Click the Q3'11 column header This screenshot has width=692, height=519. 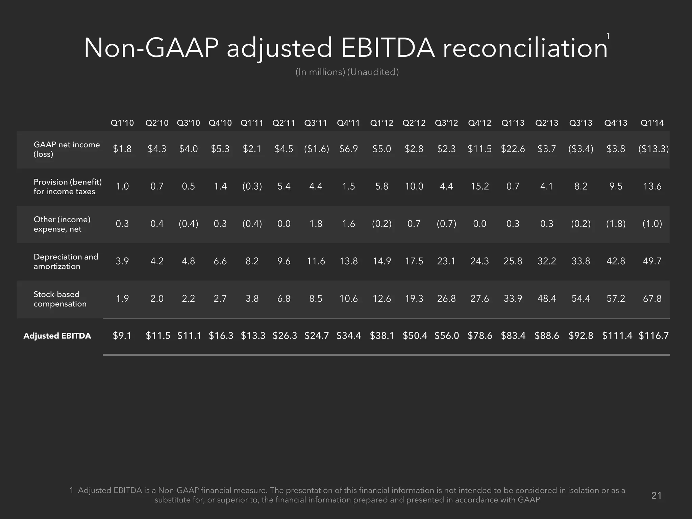pyautogui.click(x=316, y=123)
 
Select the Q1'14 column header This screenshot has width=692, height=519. pyautogui.click(x=652, y=123)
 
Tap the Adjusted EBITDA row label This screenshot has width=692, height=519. pyautogui.click(x=57, y=336)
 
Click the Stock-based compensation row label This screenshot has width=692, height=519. pyautogui.click(x=60, y=299)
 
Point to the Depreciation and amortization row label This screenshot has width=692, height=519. pyautogui.click(x=66, y=262)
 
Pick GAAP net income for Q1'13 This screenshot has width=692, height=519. pyautogui.click(x=513, y=149)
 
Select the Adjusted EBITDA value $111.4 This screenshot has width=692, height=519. pyautogui.click(x=617, y=336)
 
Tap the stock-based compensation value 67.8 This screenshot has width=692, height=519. pyautogui.click(x=652, y=299)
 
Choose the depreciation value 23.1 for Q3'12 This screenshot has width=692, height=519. pyautogui.click(x=446, y=261)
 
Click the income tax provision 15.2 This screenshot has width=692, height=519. pyautogui.click(x=479, y=187)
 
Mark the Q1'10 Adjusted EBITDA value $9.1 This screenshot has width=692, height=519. pyautogui.click(x=122, y=336)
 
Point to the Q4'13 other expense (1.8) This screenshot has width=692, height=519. pyautogui.click(x=616, y=224)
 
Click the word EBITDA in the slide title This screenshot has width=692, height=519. pyautogui.click(x=388, y=48)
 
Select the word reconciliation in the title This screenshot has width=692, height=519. pyautogui.click(x=525, y=48)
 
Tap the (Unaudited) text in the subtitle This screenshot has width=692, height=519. pyautogui.click(x=373, y=72)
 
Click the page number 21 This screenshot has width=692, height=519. pyautogui.click(x=656, y=495)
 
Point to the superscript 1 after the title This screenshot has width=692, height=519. pyautogui.click(x=608, y=36)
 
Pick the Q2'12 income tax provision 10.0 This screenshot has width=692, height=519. pyautogui.click(x=414, y=187)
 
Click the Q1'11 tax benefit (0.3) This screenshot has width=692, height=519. pyautogui.click(x=252, y=187)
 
